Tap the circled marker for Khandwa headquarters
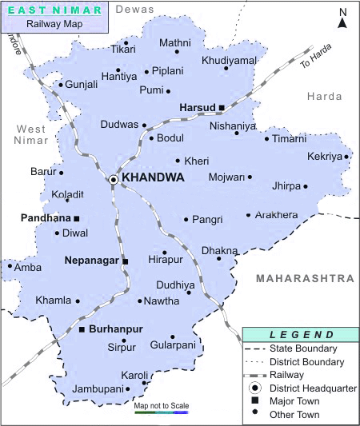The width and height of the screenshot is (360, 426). click(x=114, y=180)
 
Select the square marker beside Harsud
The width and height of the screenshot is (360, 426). click(x=222, y=107)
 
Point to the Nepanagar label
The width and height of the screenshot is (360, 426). click(x=92, y=261)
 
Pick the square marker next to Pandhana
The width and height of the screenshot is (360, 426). click(x=77, y=218)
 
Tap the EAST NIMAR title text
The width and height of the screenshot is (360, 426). click(x=54, y=10)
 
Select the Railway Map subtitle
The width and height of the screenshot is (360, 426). click(x=54, y=25)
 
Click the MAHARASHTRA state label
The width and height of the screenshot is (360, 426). click(x=304, y=278)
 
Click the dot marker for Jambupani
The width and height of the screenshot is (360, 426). click(x=128, y=389)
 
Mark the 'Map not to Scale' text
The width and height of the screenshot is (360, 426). click(x=162, y=406)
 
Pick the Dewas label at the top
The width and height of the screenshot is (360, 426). click(x=134, y=9)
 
